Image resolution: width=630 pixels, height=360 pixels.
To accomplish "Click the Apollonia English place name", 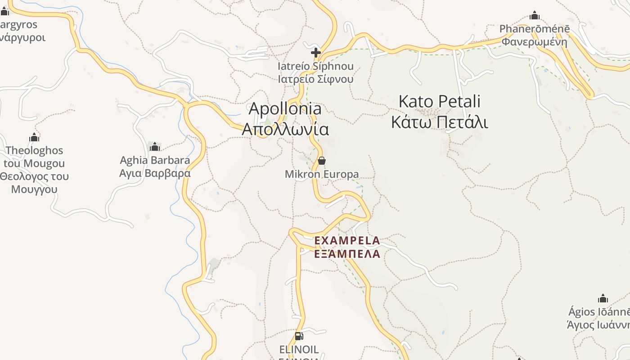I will pos(285,108).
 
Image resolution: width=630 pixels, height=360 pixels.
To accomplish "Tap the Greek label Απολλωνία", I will pos(285,129).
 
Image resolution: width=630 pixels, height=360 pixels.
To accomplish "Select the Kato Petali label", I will pos(440,101).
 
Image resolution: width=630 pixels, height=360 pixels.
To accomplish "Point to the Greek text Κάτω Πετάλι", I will pos(440,122).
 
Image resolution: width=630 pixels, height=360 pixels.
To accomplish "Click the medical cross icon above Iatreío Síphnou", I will pos(316,53).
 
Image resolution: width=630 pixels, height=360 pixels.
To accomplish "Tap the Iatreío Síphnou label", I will pos(315,66).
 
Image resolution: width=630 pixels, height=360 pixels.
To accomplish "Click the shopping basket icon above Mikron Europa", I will pos(322,161).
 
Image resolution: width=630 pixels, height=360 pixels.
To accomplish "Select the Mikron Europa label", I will pos(322,174).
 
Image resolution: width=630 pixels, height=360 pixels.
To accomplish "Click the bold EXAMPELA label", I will pos(347,241).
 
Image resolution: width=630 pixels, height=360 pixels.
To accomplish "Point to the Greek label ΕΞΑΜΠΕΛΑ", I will pos(347,254).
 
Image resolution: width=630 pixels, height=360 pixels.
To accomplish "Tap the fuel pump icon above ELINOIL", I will pos(299,336).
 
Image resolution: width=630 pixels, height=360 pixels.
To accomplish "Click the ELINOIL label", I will pos(299,349).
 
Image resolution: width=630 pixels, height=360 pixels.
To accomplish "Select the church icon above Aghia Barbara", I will pos(155,147).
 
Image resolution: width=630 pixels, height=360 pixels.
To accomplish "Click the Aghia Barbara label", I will pos(155,160).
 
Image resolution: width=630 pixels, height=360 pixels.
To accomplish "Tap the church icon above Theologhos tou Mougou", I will pos(34,137).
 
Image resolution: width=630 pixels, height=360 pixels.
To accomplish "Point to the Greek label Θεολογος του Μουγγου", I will pos(34,182).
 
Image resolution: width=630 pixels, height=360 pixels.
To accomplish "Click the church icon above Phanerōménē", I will pos(535,16).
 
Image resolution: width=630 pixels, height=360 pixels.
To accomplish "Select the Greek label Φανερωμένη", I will pos(535,42).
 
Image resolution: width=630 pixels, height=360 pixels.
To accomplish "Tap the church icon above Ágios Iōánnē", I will pos(603,298).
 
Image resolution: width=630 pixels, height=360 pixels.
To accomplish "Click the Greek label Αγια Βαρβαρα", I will pos(155,173).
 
